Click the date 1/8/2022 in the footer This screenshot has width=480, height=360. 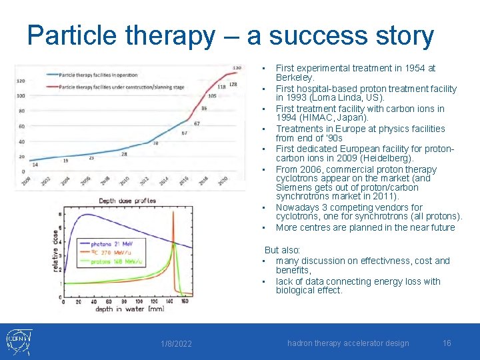pos(176,343)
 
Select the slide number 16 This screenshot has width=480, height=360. pos(447,343)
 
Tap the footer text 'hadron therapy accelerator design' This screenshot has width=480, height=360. pos(348,343)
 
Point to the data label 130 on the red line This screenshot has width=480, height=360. pos(237,67)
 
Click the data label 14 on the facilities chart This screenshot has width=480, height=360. pos(35,164)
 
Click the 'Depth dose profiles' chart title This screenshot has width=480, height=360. pos(127,200)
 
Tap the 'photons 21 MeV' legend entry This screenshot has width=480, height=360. pos(114,245)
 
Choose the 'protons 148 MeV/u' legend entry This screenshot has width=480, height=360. pos(118,262)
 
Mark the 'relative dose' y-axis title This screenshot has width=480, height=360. pos(55,253)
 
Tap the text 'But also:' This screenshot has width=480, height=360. pos(283,250)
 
